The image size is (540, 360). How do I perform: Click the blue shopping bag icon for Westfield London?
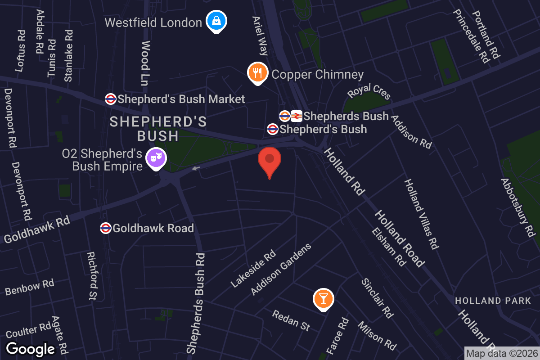pos(216,21)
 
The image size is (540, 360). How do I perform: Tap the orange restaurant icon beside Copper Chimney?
pos(257,72)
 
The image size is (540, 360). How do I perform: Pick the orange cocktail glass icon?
pos(323,299)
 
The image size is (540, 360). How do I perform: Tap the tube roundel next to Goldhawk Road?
pos(106,228)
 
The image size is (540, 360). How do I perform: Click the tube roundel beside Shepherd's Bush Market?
pos(110,99)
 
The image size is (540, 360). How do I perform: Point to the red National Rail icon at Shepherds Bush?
pos(296,116)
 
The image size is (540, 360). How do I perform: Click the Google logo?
pos(31,349)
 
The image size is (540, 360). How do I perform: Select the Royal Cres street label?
pos(369,93)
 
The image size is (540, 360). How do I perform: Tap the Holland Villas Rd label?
pos(421,214)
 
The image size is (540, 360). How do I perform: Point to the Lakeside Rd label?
pos(253,269)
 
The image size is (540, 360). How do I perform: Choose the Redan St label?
pos(291,320)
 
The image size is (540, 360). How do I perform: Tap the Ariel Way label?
pos(260,36)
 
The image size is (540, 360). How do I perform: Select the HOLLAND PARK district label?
pos(493,301)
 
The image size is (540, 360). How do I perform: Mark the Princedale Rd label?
pos(471,36)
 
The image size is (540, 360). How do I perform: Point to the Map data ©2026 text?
pos(502,353)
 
